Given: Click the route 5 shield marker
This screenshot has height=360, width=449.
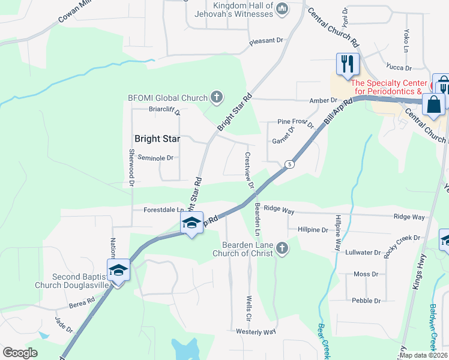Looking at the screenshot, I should pos(289,164).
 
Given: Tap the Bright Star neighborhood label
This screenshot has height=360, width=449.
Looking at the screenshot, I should pos(157,139).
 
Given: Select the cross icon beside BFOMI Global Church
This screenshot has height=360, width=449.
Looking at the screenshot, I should pos(216,97).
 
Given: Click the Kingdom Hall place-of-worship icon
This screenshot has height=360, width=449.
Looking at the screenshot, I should pos(283,7).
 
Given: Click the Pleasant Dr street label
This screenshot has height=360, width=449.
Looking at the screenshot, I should pos(266,41).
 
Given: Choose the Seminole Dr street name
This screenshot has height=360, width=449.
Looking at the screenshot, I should pos(155,158).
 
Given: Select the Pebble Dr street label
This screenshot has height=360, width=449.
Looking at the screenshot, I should pos(367,301).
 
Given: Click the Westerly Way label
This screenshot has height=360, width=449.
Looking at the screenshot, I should pos(256,331).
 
